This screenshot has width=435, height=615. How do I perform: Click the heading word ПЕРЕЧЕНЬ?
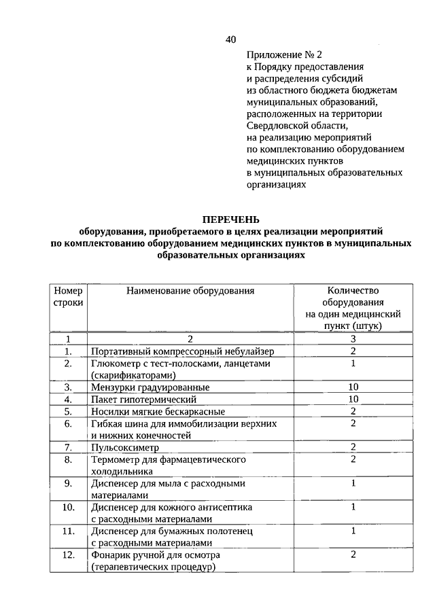point(230,219)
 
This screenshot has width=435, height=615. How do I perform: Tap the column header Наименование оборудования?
point(190,291)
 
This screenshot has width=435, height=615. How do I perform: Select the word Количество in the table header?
point(353,291)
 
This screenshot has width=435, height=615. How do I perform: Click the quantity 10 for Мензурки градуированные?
point(353,387)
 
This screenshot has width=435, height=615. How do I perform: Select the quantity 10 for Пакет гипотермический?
point(353,399)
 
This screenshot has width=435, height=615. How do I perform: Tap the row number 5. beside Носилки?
point(68,411)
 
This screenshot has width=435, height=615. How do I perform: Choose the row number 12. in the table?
point(67,555)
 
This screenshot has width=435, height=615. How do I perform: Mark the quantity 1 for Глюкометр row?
point(353,364)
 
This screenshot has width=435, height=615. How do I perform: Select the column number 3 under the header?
point(353,338)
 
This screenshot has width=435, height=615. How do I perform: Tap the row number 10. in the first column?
point(67,507)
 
